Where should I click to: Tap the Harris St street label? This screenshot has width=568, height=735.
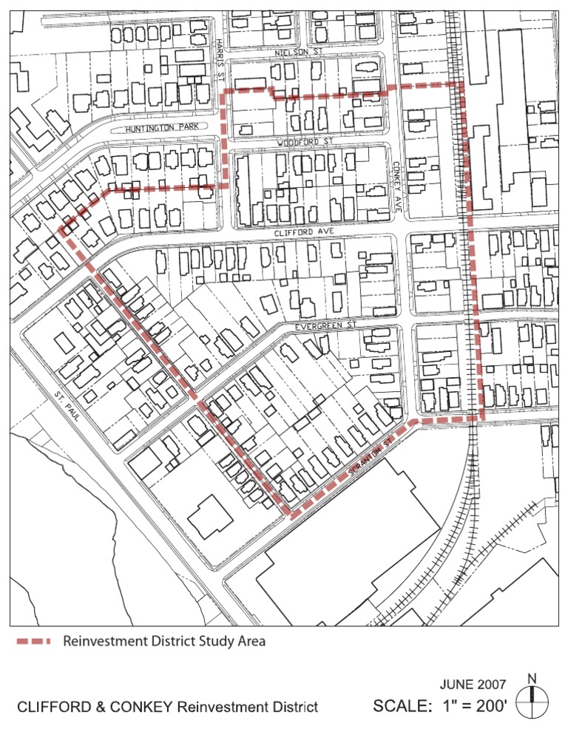(x=220, y=60)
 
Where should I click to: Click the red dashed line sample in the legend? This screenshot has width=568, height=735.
(x=34, y=641)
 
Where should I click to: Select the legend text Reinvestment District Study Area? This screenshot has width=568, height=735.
(x=164, y=641)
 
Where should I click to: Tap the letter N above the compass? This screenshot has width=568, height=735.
(x=532, y=678)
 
